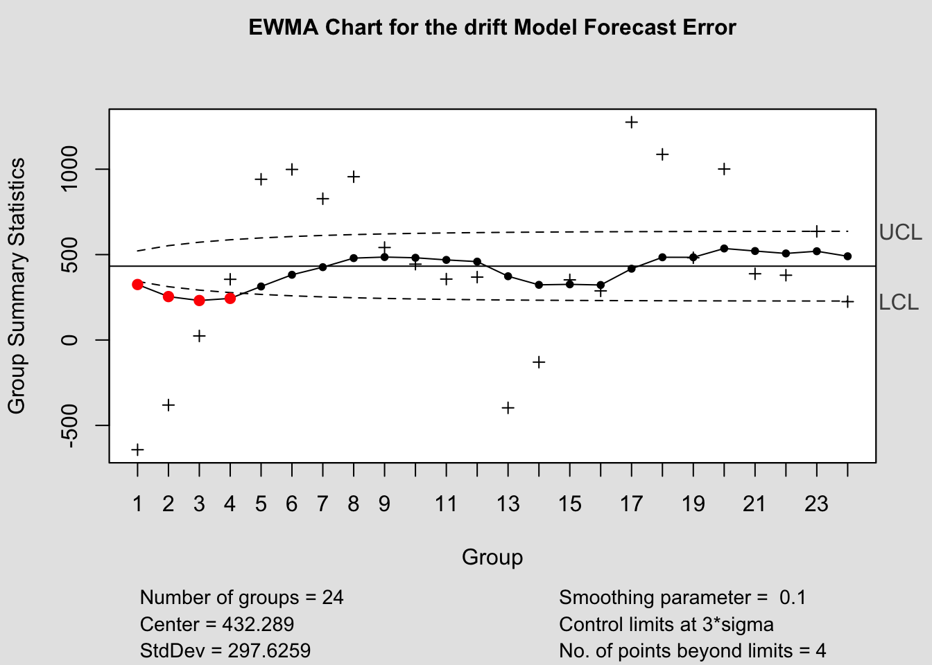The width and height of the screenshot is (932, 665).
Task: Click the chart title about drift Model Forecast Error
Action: click(x=492, y=28)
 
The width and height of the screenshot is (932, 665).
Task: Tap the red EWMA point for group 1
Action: click(x=137, y=284)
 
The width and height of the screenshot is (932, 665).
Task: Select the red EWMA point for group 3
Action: click(x=199, y=300)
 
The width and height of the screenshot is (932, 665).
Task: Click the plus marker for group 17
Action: click(x=631, y=122)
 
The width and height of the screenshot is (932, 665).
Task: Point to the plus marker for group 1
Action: click(x=137, y=450)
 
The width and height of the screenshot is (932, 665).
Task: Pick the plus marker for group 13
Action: click(x=508, y=407)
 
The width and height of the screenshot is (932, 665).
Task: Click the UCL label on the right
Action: click(x=900, y=233)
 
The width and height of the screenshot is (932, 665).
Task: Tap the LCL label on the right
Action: click(x=898, y=303)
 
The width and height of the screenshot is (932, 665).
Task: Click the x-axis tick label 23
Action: click(x=816, y=504)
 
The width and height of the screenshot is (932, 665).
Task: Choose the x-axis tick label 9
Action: click(x=384, y=504)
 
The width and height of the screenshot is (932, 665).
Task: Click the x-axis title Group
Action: click(x=492, y=557)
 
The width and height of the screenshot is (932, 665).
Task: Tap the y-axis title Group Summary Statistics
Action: click(x=17, y=285)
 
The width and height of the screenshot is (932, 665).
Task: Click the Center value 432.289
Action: click(x=258, y=624)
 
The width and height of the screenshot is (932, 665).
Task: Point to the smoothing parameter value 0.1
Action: click(x=793, y=597)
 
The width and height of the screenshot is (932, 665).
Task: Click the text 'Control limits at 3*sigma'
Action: click(x=666, y=624)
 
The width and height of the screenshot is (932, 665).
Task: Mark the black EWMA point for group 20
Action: click(x=724, y=248)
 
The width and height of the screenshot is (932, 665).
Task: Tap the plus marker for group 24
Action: click(x=847, y=301)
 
